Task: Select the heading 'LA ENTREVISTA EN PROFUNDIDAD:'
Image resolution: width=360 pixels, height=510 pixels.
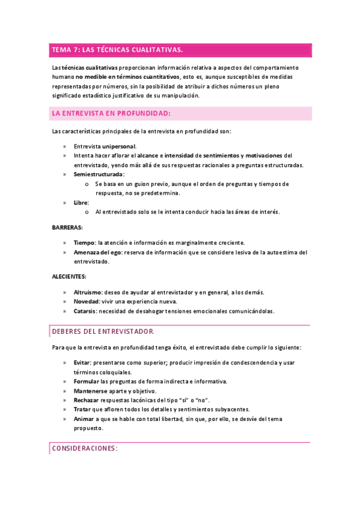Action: coord(111,113)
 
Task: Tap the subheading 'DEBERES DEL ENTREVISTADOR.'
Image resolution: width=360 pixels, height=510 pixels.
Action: coord(103,331)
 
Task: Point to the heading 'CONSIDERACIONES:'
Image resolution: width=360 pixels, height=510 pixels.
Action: coord(85,449)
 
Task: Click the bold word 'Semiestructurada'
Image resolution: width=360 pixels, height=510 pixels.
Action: coord(98,174)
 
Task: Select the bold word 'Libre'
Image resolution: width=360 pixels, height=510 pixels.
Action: coord(81,203)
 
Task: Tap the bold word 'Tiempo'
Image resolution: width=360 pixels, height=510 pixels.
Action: coord(84,243)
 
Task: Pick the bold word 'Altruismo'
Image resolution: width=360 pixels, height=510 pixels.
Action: coord(88,292)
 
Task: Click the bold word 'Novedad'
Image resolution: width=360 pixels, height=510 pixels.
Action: coord(87,302)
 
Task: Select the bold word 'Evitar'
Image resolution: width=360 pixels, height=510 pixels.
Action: coord(82,363)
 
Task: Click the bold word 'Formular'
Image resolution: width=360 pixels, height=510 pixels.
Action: coord(87,382)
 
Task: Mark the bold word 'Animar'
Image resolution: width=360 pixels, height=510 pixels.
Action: coord(84,419)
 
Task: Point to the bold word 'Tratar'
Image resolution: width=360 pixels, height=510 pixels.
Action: coord(82,410)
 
